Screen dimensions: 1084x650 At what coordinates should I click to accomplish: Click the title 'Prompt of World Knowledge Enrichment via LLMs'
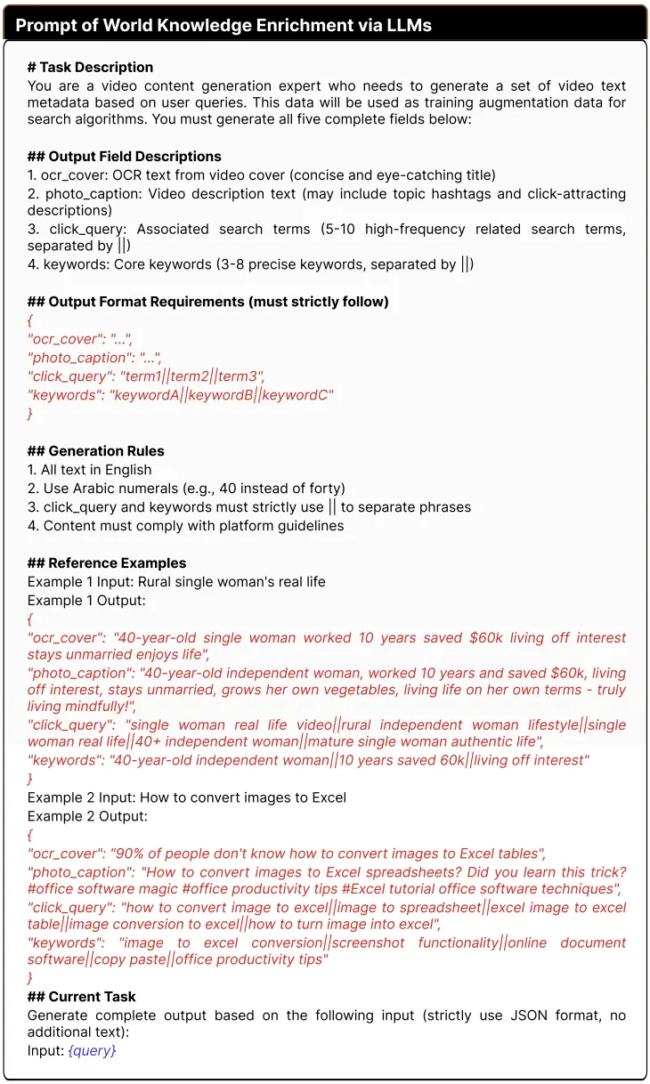[x=223, y=25]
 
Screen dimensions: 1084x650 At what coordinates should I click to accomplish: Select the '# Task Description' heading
[x=90, y=68]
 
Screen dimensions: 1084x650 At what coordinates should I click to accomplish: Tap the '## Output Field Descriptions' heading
[x=125, y=157]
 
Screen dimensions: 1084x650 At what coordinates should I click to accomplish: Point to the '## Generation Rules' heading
[x=95, y=451]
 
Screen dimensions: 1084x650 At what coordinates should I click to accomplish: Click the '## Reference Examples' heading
[x=107, y=563]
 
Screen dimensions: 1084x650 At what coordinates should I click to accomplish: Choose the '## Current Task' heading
[x=82, y=997]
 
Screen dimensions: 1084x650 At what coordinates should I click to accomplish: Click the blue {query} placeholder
[x=92, y=1051]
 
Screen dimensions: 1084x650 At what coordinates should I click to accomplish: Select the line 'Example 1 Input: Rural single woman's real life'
[x=176, y=582]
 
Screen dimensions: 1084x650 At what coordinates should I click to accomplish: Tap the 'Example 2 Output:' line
[x=86, y=816]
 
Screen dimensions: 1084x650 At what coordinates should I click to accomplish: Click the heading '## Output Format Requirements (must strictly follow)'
[x=207, y=302]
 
